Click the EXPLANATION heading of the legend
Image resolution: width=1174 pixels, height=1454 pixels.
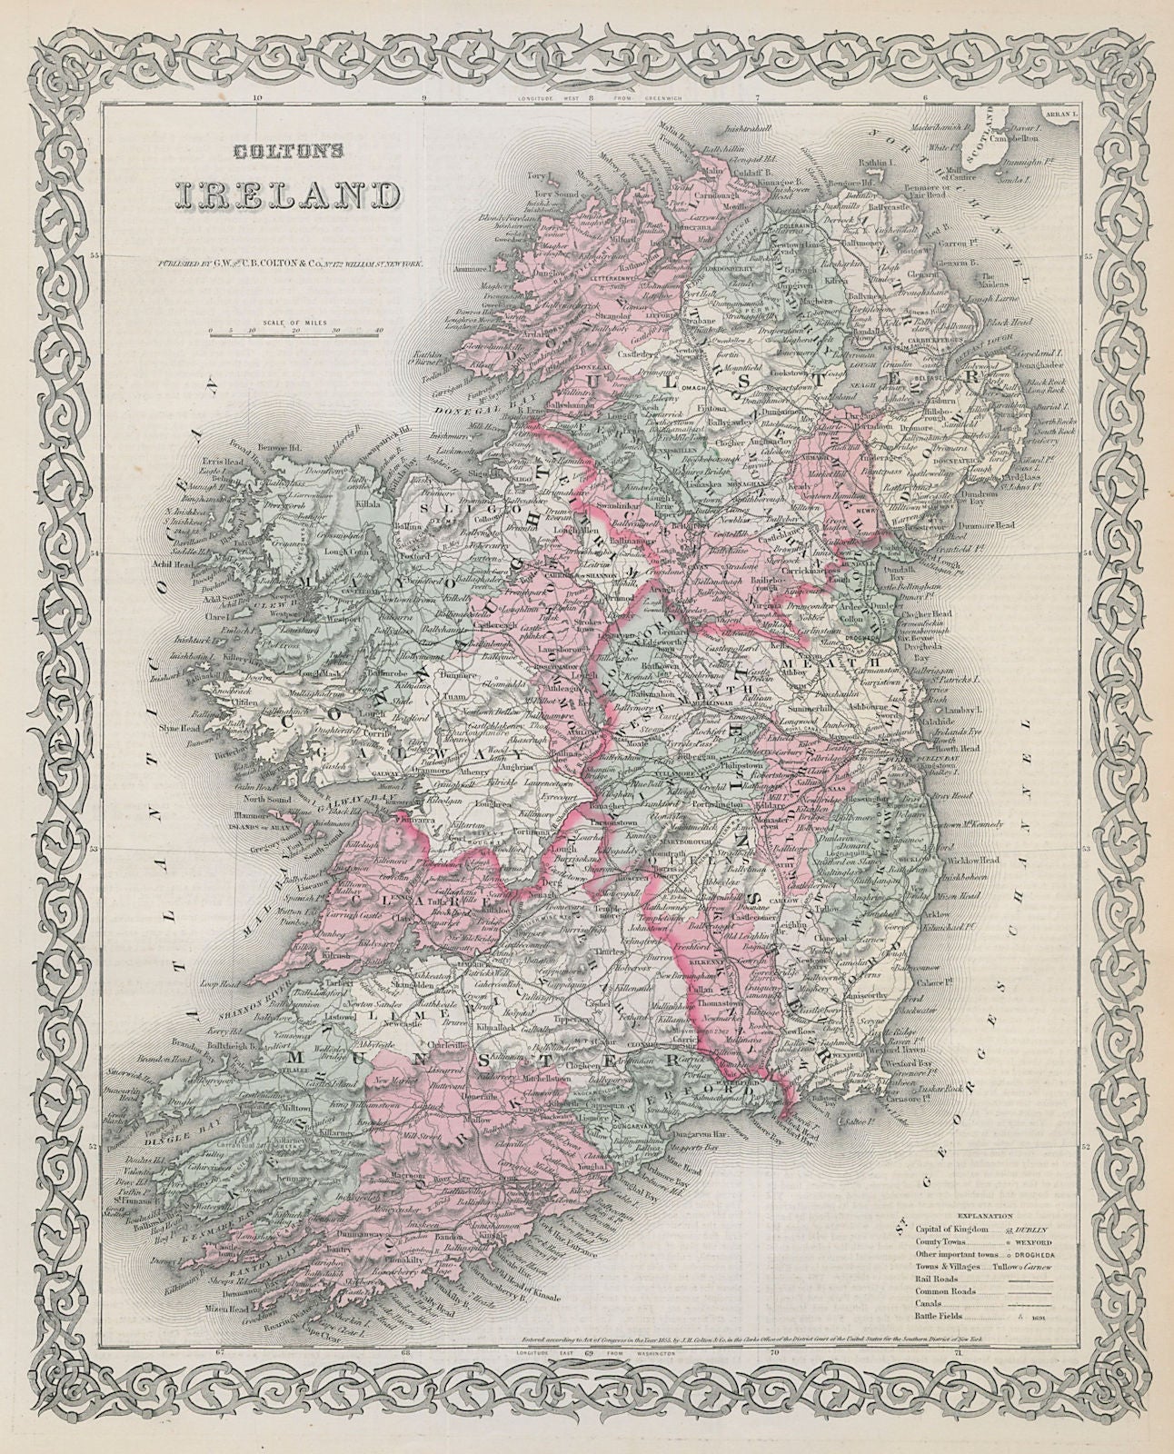(982, 1215)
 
